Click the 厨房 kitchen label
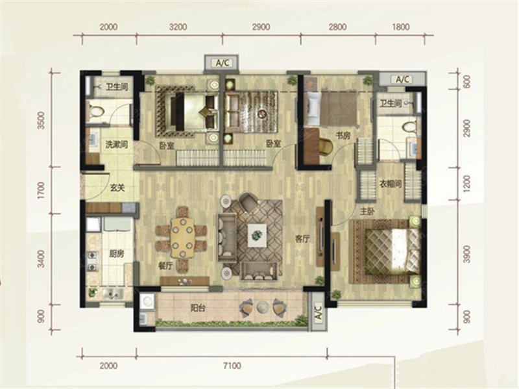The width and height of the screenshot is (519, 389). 116,254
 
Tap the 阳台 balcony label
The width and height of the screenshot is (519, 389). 198,308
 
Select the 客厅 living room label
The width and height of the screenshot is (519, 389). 302,239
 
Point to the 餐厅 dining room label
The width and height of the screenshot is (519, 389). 166,266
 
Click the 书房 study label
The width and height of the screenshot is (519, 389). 343,136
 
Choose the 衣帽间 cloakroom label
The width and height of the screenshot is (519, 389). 391,184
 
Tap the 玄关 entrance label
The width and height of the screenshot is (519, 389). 117,188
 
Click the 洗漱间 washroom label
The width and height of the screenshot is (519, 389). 117,145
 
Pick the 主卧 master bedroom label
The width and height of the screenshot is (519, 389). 367,212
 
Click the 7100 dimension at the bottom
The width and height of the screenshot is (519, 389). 232,366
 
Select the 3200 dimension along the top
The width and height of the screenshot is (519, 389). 178,27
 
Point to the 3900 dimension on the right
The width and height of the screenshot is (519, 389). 466,254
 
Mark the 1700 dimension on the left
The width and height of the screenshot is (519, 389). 41,191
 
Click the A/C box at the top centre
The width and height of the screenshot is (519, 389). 222,63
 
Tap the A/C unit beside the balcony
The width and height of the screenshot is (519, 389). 317,312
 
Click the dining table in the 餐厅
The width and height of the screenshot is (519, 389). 182,238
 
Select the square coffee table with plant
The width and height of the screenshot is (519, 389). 257,235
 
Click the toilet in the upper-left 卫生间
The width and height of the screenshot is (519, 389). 96,110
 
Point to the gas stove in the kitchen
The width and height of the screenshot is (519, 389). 92,261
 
